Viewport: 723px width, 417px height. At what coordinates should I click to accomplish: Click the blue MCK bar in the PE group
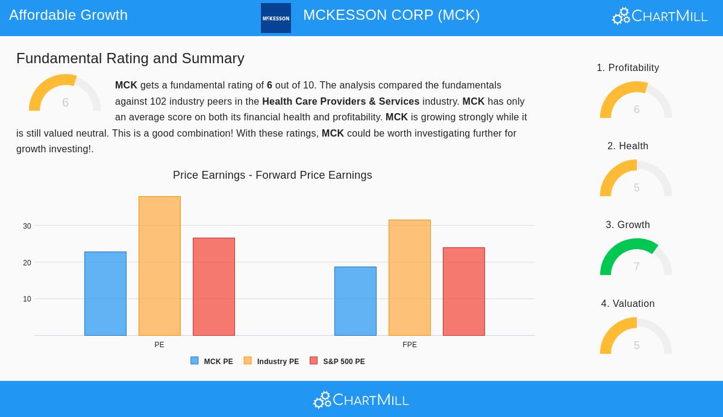tap(105, 294)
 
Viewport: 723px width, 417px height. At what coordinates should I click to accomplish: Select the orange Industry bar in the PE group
tap(160, 266)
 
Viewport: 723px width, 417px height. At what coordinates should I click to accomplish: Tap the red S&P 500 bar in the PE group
tap(214, 286)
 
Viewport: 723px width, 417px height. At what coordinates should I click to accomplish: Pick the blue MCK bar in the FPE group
tap(355, 301)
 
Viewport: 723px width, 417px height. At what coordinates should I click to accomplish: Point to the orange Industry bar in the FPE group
tap(410, 277)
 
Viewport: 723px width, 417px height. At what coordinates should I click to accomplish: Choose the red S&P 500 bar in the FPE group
tap(464, 291)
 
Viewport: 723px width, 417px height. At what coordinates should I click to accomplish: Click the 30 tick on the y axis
tap(27, 226)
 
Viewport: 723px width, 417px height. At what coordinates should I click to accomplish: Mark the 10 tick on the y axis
tap(27, 299)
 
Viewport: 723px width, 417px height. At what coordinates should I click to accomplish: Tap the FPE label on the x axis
tap(410, 345)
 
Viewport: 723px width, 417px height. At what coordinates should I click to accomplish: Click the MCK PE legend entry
tap(212, 362)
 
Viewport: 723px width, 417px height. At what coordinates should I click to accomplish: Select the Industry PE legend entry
tap(272, 362)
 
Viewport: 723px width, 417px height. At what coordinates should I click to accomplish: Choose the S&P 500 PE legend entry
tap(337, 362)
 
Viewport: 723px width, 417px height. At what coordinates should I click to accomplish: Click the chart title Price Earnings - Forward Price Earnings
tap(272, 175)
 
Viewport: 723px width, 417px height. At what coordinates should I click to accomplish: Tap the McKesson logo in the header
tap(276, 18)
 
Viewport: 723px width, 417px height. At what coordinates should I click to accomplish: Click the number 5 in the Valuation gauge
tap(636, 345)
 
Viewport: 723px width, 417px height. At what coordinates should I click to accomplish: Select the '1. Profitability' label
tap(628, 68)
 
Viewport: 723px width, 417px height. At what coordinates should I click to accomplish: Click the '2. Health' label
tap(628, 146)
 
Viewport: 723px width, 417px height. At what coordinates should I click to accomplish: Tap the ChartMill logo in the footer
tap(361, 400)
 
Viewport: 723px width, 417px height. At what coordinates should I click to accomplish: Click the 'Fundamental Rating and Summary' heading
tap(130, 58)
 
